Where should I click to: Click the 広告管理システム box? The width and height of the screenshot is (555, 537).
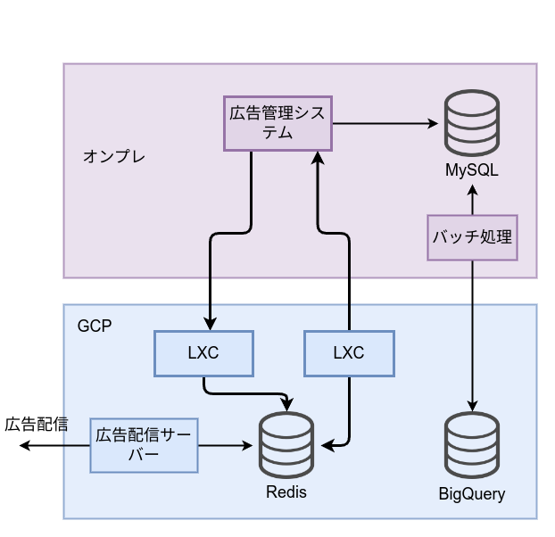point(277,123)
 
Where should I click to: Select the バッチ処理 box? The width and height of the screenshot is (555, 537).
point(472,237)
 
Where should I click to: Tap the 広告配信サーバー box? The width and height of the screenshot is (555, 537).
point(144,445)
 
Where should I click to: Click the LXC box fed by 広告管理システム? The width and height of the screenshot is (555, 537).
point(203,352)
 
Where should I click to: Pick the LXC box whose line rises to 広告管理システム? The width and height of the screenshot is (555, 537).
point(349,352)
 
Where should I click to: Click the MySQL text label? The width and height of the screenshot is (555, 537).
point(472,169)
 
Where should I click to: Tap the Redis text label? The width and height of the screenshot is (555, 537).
point(286,492)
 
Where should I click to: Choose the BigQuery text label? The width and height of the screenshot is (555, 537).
point(472,493)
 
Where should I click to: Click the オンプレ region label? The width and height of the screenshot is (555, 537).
point(113,156)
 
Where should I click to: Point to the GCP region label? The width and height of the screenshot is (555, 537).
point(95,326)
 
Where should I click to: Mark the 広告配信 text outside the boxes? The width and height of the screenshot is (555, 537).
point(37,424)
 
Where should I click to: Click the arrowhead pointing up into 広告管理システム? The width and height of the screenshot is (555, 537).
point(317,157)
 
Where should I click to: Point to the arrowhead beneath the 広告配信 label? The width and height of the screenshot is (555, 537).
point(25,445)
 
